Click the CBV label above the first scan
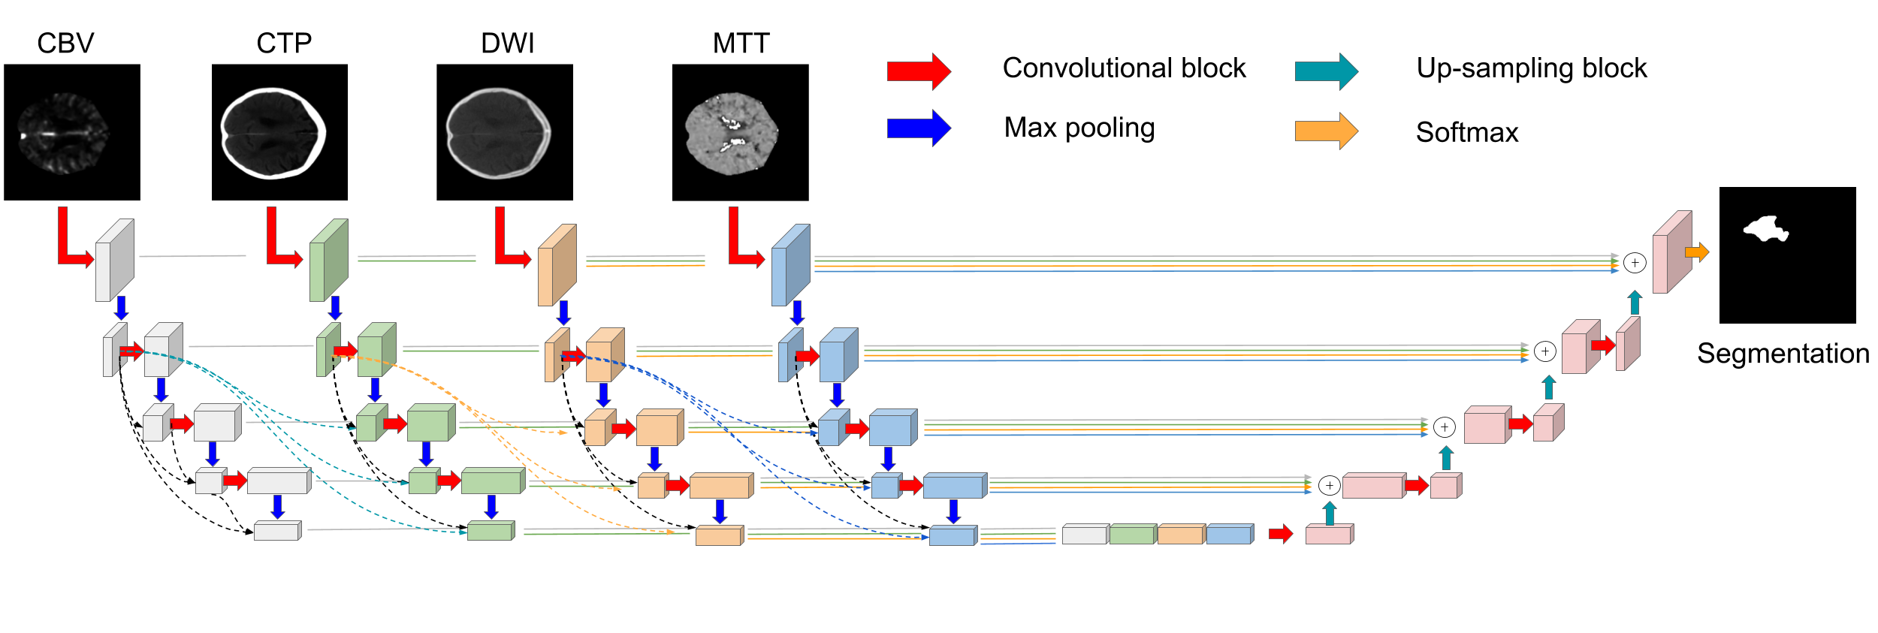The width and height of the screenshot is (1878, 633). click(65, 44)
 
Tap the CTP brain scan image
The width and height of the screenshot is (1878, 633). click(279, 132)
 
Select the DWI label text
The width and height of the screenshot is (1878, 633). click(507, 44)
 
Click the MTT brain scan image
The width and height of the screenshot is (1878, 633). click(740, 132)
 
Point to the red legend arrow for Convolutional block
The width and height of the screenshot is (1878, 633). click(919, 71)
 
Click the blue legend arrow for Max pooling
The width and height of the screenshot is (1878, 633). click(919, 128)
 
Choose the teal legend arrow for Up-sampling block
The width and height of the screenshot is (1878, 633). click(1326, 71)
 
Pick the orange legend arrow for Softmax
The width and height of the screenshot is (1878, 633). click(1326, 131)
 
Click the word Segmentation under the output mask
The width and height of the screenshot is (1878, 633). click(1783, 354)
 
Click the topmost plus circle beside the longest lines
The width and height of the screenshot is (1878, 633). click(1635, 263)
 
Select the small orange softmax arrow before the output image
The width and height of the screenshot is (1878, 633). click(1697, 252)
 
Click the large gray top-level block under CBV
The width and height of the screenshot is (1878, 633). click(114, 261)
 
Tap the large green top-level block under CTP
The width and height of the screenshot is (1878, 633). click(328, 261)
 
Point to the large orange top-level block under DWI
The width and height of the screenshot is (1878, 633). click(557, 265)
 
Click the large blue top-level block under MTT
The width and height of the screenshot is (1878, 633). click(790, 265)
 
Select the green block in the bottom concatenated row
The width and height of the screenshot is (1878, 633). click(1132, 535)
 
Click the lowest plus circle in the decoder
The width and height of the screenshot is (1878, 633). click(1329, 486)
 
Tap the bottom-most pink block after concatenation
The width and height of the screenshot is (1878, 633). click(1328, 535)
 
